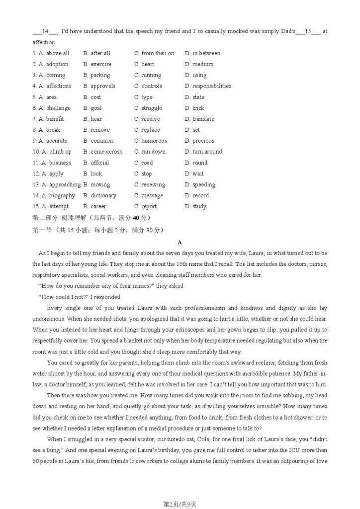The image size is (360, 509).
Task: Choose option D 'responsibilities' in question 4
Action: (x=208, y=86)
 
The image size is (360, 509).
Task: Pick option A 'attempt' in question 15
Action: (x=56, y=206)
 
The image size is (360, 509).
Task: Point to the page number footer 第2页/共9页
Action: (x=180, y=504)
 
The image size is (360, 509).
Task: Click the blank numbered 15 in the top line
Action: (x=308, y=31)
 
